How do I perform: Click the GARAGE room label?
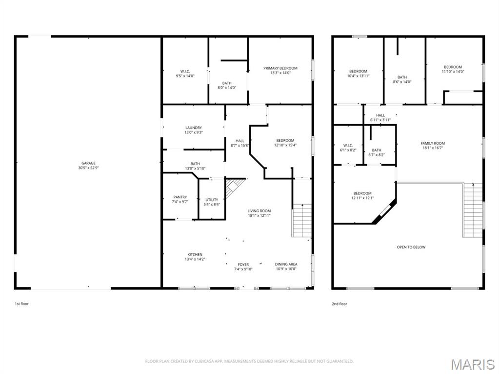(88, 163)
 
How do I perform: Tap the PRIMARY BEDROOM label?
(280, 68)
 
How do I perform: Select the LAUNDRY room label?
(193, 128)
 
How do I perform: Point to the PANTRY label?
(180, 197)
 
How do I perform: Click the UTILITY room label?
(212, 200)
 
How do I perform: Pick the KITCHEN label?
(195, 255)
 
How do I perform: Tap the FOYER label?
(243, 264)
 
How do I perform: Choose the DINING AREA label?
(286, 264)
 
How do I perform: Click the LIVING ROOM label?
(259, 211)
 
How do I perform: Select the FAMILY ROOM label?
(433, 143)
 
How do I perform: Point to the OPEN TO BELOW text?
(411, 247)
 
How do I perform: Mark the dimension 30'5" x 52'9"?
(88, 168)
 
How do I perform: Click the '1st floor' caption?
(21, 303)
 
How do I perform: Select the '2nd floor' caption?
(339, 303)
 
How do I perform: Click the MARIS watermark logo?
(472, 364)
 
